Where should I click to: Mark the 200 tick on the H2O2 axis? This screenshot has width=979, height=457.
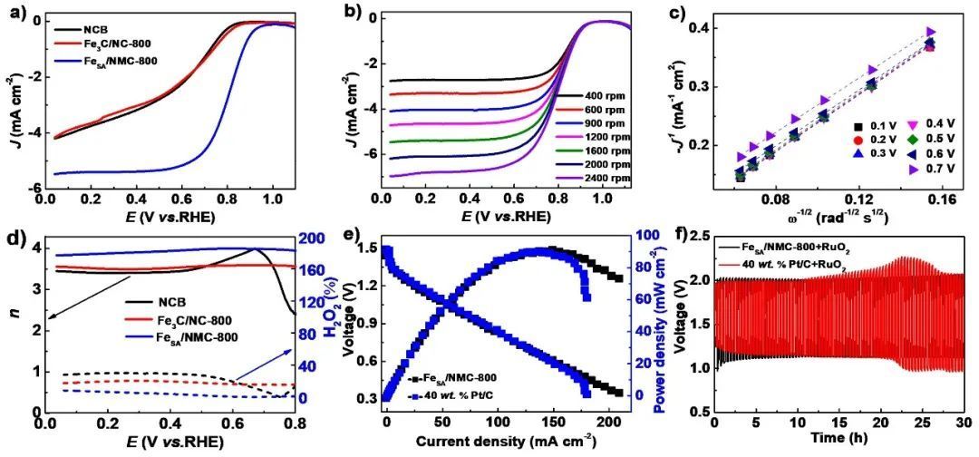(311, 238)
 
